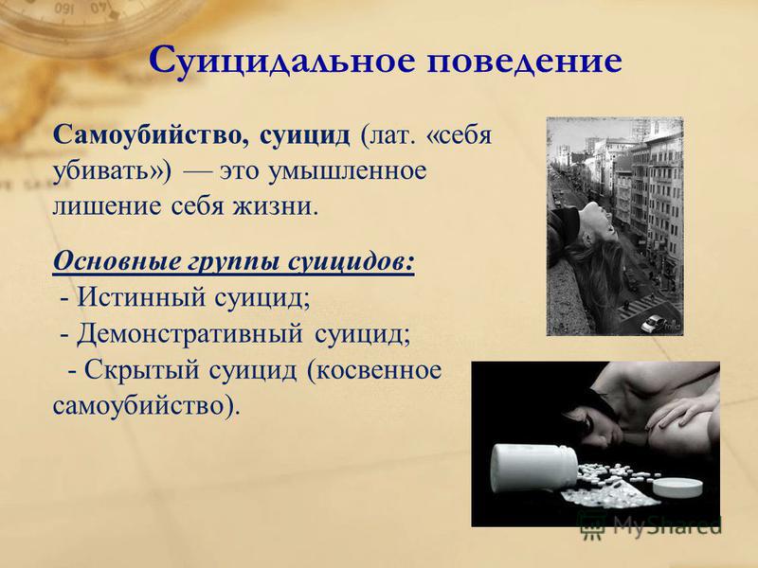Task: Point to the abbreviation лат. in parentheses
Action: tap(388, 135)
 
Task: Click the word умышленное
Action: tap(347, 172)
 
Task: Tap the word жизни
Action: tap(277, 206)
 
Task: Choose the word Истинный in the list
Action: tap(141, 297)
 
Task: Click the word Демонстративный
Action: tap(189, 334)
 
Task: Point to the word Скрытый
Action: tap(141, 370)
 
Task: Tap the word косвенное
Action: tap(375, 370)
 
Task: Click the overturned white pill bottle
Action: tap(533, 468)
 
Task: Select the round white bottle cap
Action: tap(677, 487)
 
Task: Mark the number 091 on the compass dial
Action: tap(63, 8)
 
